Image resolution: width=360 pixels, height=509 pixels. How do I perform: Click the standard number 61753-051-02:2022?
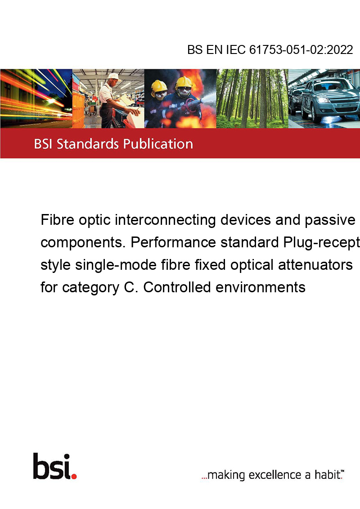point(301,49)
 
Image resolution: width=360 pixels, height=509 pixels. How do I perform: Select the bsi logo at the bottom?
point(55,466)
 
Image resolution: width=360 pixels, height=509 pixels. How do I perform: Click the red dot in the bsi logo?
point(74,477)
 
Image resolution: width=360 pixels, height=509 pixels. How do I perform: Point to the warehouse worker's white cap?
point(114,76)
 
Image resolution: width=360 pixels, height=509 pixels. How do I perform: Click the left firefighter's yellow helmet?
point(159,86)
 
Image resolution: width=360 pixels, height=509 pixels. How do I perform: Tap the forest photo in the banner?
point(252,98)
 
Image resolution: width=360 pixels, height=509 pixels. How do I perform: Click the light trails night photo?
point(36,98)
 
